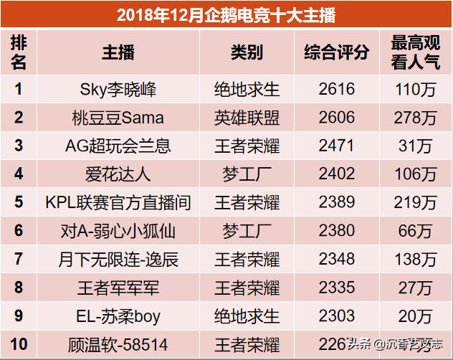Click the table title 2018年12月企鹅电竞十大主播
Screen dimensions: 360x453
[226, 14]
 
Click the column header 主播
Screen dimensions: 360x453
[118, 52]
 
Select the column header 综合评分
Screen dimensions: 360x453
[336, 52]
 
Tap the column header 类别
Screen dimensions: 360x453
[247, 52]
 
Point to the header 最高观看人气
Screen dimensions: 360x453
[416, 52]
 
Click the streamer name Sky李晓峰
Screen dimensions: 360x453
[118, 90]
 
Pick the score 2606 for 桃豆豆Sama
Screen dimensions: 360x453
[336, 118]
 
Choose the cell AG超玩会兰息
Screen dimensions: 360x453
[118, 146]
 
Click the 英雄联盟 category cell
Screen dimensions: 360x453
[247, 118]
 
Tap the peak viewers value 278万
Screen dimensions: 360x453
[416, 118]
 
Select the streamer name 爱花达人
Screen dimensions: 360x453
[118, 174]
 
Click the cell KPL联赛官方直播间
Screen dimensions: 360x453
[118, 202]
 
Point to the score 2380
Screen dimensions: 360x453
[336, 230]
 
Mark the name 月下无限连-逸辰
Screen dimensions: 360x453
[118, 259]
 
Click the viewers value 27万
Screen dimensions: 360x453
[416, 288]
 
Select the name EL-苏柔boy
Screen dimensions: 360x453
[118, 316]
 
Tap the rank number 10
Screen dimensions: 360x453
[19, 344]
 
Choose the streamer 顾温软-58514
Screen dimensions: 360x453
[118, 344]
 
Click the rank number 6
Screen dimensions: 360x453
[19, 230]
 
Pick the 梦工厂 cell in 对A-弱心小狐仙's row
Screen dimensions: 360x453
[247, 230]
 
